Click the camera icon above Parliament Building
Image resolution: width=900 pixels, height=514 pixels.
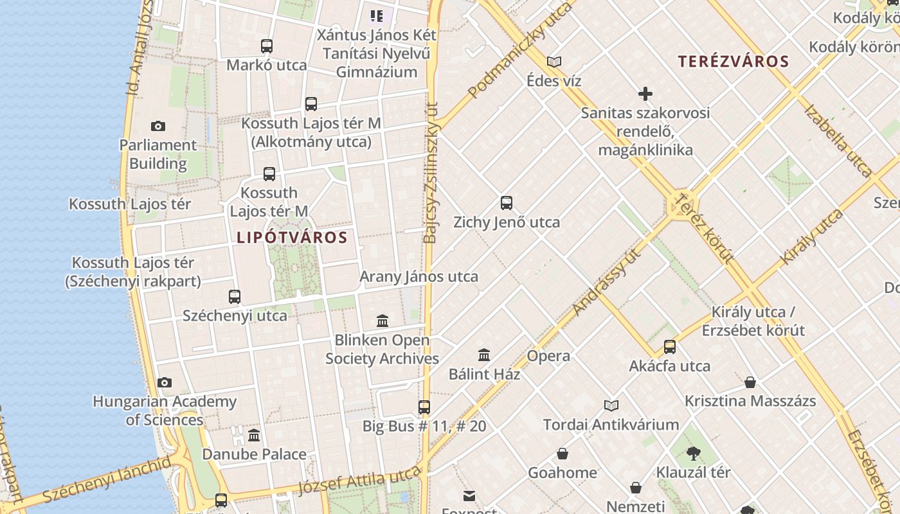tap(157, 126)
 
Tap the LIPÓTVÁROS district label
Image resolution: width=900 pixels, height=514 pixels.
tap(292, 238)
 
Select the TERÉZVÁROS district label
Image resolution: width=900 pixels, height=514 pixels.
tap(733, 62)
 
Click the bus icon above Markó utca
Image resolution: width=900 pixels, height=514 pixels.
tap(267, 46)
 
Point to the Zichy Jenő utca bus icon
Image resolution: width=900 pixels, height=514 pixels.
tap(507, 203)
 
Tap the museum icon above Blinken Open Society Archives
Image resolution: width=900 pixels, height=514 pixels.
tap(382, 321)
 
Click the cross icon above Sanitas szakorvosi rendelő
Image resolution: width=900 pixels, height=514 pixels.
tap(645, 94)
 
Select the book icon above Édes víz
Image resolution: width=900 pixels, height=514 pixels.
tap(553, 62)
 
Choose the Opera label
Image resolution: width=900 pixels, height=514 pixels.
tap(548, 356)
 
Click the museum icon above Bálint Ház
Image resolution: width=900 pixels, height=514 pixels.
tap(484, 355)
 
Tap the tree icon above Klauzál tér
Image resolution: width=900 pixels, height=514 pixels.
tap(693, 454)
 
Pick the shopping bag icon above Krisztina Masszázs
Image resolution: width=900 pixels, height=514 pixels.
tap(750, 382)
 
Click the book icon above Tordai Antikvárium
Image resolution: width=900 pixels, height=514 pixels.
tap(611, 405)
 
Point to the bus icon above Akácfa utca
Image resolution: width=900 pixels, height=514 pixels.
tap(669, 347)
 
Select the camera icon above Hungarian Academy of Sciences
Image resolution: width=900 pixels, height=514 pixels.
tap(165, 382)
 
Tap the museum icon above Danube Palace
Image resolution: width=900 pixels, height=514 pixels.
tap(254, 435)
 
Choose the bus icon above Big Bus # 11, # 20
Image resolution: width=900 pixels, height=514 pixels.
tap(424, 407)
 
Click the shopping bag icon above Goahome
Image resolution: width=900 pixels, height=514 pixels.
tap(562, 454)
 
